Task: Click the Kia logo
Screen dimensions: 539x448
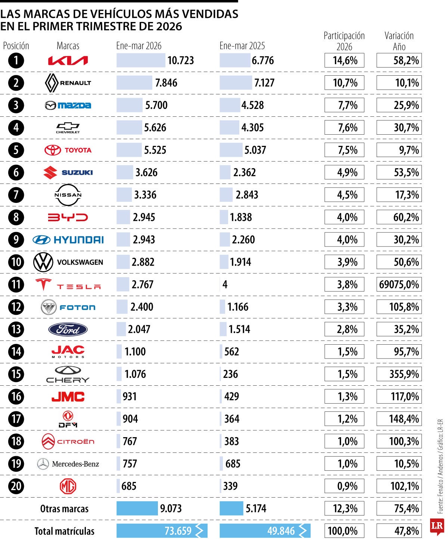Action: tap(68, 60)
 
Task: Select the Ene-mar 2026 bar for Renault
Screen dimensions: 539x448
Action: tap(134, 83)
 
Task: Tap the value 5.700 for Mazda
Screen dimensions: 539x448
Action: tap(156, 105)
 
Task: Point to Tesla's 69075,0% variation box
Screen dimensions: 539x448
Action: tap(399, 285)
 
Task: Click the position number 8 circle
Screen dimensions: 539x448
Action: tap(16, 217)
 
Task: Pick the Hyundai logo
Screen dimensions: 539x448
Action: tap(68, 240)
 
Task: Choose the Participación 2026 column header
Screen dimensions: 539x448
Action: tap(344, 41)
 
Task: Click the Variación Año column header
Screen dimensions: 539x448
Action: tap(399, 41)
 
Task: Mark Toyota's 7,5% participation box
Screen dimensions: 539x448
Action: tap(344, 150)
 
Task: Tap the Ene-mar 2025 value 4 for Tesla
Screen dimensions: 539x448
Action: tap(225, 285)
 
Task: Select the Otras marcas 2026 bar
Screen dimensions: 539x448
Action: tap(137, 508)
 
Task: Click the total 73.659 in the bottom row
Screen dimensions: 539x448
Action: tap(178, 531)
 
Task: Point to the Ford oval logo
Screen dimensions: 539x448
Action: tap(68, 329)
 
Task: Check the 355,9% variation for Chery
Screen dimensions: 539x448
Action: tap(399, 374)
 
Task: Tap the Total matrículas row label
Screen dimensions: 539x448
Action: tap(64, 531)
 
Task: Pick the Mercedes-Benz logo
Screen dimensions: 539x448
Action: tap(68, 464)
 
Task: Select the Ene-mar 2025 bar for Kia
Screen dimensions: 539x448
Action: tap(235, 60)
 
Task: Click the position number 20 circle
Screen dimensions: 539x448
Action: tap(16, 486)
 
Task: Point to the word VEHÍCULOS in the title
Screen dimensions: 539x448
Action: tap(124, 14)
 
